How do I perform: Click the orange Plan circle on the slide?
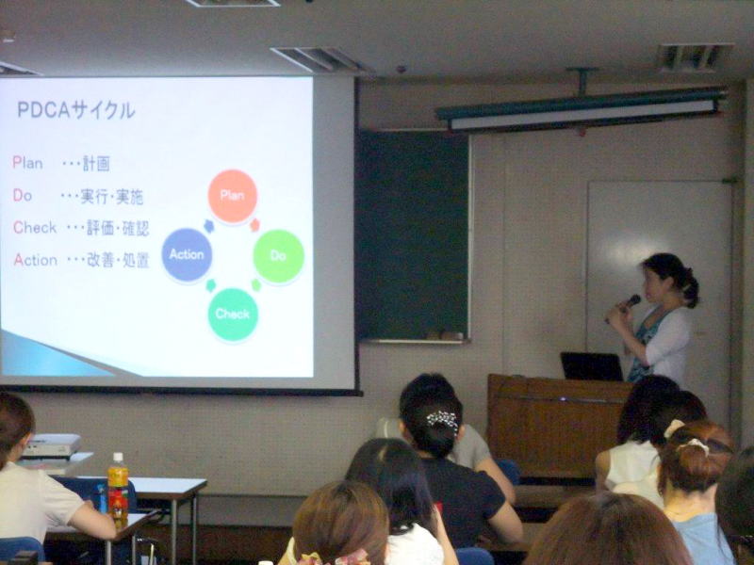click(233, 196)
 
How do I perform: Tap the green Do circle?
click(278, 255)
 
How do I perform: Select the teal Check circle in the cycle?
click(233, 315)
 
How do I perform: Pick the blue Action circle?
click(187, 254)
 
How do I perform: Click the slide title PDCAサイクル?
click(76, 110)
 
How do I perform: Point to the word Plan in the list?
click(27, 163)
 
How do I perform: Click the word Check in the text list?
click(35, 227)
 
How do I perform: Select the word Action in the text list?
click(36, 260)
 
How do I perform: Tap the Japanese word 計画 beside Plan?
click(96, 164)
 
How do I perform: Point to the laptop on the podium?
click(592, 366)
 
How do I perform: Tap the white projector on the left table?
click(52, 445)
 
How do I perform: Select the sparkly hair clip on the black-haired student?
click(443, 419)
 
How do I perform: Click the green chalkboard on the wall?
click(412, 234)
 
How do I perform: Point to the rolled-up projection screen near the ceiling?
click(582, 109)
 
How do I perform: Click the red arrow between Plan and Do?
click(254, 224)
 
